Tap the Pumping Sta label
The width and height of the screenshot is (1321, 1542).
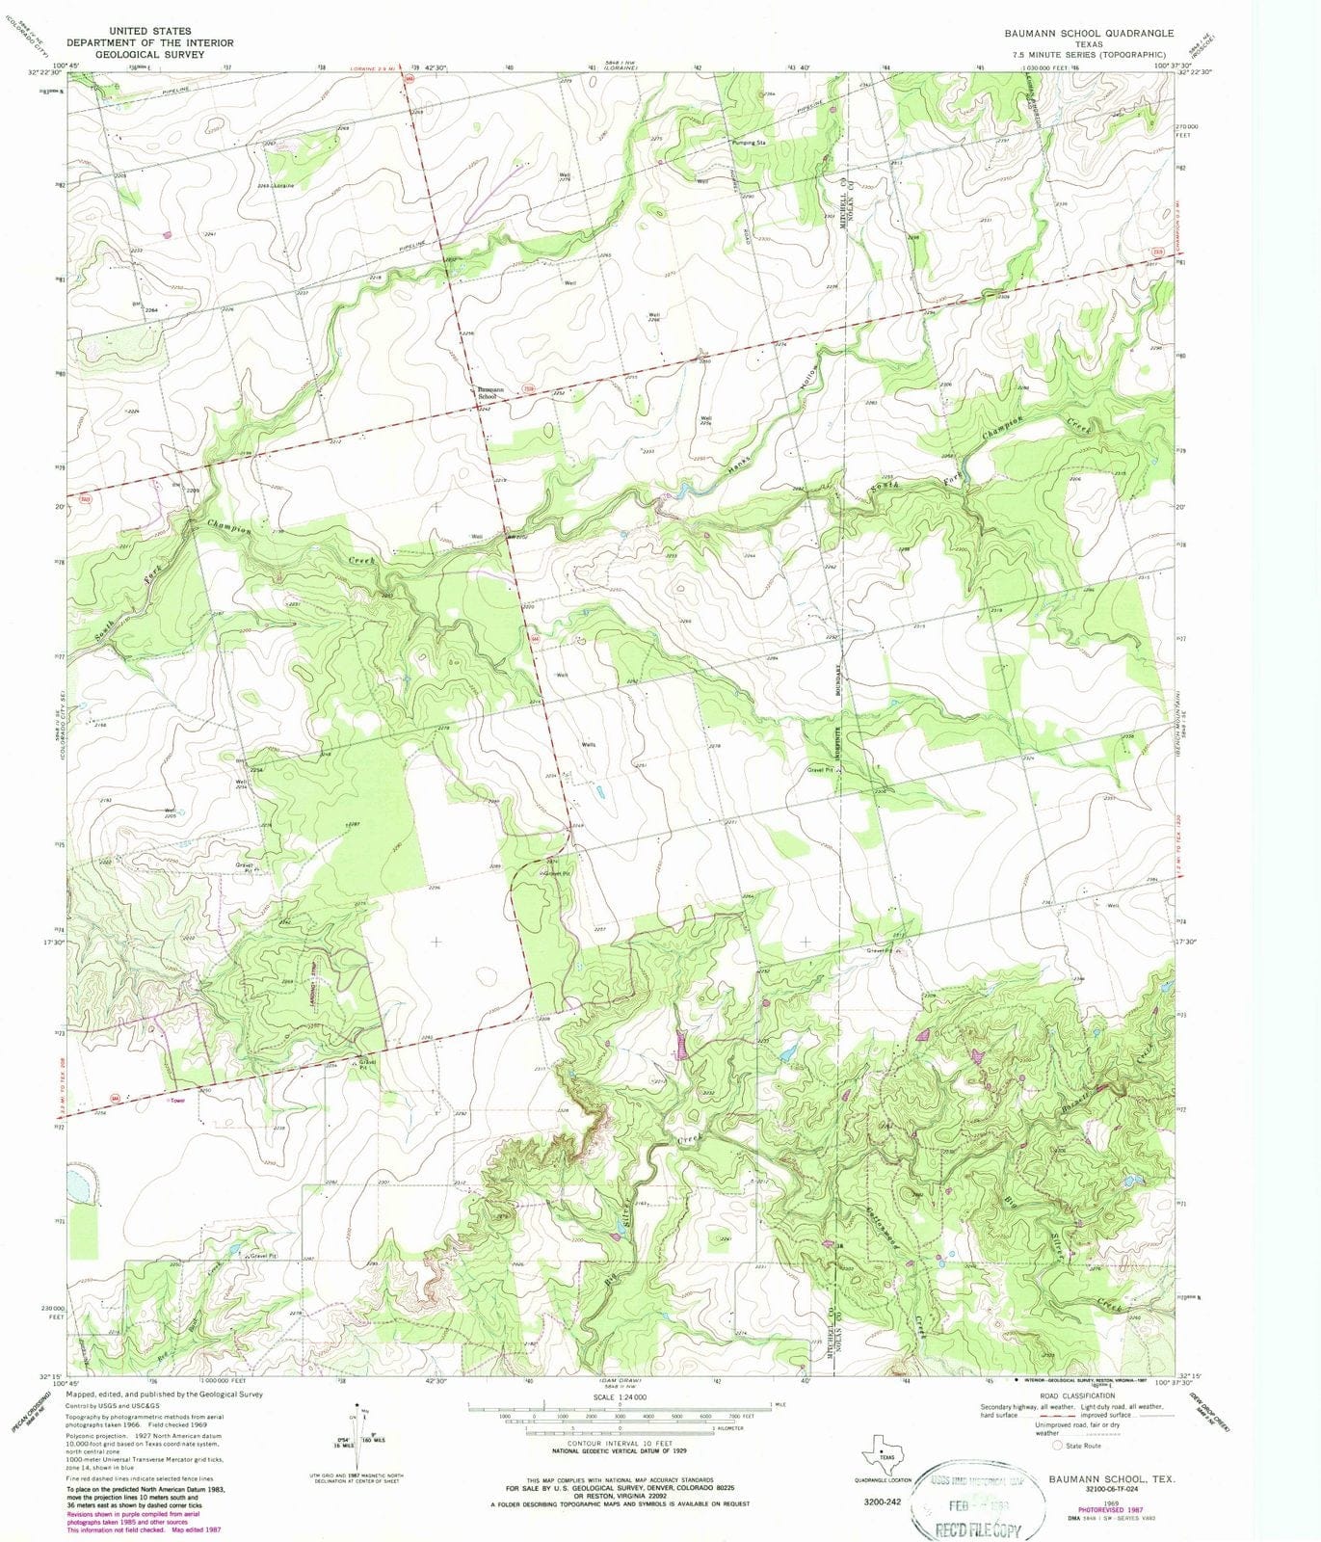(x=749, y=143)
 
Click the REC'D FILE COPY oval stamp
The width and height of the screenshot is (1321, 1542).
(x=981, y=1502)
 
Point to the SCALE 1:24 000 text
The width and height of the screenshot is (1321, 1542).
(x=620, y=1397)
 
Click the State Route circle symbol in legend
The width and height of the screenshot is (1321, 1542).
(x=1058, y=1446)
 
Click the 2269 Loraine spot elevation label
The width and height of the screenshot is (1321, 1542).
(x=275, y=185)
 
